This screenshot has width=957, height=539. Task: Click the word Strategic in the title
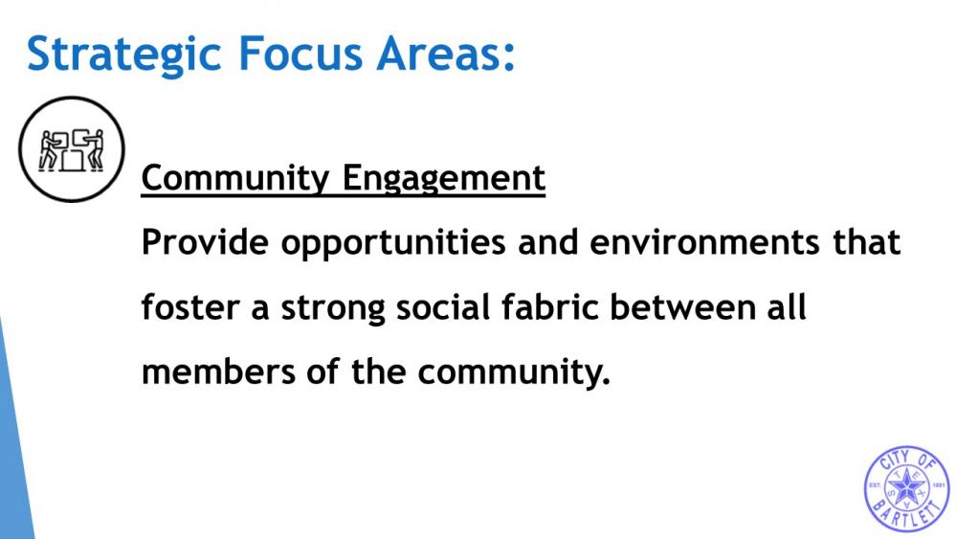point(123,55)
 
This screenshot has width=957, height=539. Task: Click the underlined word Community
point(235,179)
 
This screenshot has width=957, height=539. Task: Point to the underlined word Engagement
point(444,179)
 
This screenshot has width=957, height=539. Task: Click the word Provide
point(205,241)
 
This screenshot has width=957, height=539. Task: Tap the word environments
point(704,242)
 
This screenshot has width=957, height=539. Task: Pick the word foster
point(189,306)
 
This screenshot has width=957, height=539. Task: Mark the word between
point(683,306)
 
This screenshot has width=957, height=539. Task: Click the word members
point(218,371)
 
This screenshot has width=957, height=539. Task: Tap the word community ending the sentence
point(514,372)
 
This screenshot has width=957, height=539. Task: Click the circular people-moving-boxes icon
point(72,149)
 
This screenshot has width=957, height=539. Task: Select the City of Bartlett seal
point(907,488)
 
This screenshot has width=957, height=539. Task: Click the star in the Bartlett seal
point(907,487)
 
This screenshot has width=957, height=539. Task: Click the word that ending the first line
point(866,241)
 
